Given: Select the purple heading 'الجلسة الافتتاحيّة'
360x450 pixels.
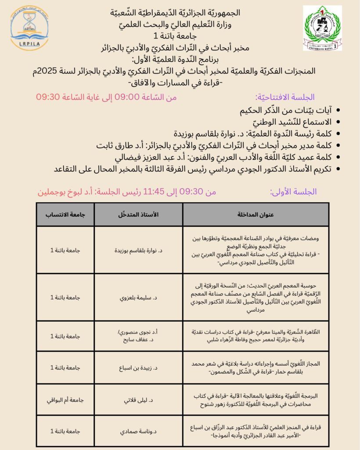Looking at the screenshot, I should pyautogui.click(x=285, y=97).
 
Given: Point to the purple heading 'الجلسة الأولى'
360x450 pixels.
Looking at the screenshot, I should pyautogui.click(x=293, y=192).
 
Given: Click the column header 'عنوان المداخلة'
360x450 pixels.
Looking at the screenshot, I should pyautogui.click(x=256, y=215).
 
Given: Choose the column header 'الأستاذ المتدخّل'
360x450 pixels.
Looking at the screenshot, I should pyautogui.click(x=139, y=215).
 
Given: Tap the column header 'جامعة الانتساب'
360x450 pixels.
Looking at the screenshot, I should pyautogui.click(x=66, y=215).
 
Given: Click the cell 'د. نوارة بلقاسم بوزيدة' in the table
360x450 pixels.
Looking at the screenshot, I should pyautogui.click(x=139, y=250).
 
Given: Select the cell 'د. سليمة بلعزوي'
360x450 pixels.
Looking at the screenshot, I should pyautogui.click(x=139, y=298).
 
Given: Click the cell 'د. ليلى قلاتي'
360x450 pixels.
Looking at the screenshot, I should pyautogui.click(x=139, y=400).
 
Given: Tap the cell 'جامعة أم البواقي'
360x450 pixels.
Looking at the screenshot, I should pyautogui.click(x=66, y=400).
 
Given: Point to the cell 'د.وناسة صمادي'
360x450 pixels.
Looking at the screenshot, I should pyautogui.click(x=139, y=431).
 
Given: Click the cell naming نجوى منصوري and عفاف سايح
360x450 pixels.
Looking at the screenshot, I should pyautogui.click(x=139, y=336).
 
